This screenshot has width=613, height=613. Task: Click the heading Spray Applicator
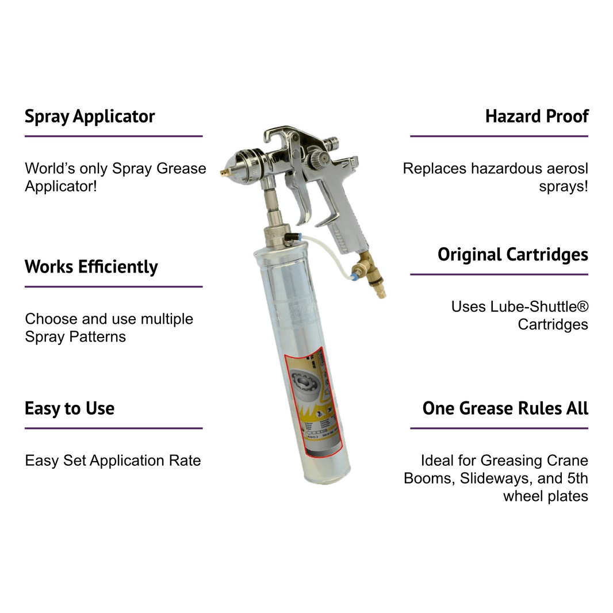pyautogui.click(x=90, y=117)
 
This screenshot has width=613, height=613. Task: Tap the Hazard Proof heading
pyautogui.click(x=537, y=117)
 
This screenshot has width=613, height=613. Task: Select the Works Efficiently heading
pyautogui.click(x=91, y=267)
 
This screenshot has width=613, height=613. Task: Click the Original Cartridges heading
pyautogui.click(x=512, y=255)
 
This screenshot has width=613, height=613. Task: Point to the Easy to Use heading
pyautogui.click(x=69, y=409)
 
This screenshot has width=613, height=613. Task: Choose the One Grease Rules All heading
pyautogui.click(x=505, y=409)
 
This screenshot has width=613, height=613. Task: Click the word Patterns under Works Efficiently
pyautogui.click(x=98, y=337)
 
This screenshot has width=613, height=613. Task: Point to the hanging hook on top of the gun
pyautogui.click(x=278, y=135)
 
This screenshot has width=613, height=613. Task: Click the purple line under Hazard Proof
pyautogui.click(x=499, y=136)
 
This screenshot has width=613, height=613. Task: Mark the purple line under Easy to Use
pyautogui.click(x=113, y=428)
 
